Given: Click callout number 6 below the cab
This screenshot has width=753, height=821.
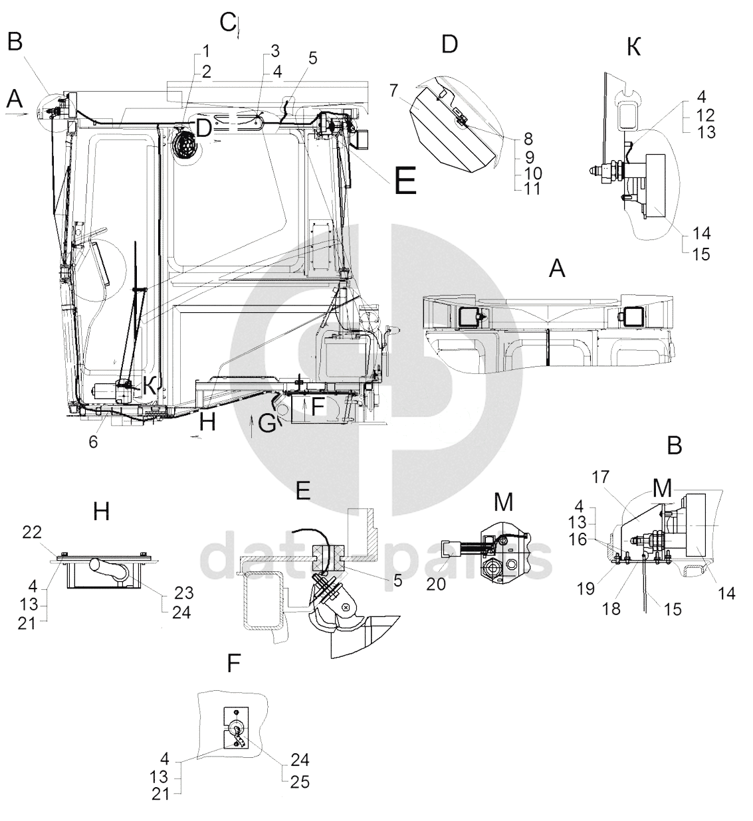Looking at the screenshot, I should (x=94, y=442).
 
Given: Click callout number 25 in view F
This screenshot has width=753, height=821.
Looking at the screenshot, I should (x=300, y=782).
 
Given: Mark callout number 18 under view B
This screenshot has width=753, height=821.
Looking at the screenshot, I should (x=611, y=608).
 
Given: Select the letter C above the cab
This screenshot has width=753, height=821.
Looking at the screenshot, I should (x=228, y=23).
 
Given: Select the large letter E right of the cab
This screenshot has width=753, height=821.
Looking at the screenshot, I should (x=405, y=180).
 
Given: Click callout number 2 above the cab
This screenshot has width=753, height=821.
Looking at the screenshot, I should (x=207, y=72).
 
